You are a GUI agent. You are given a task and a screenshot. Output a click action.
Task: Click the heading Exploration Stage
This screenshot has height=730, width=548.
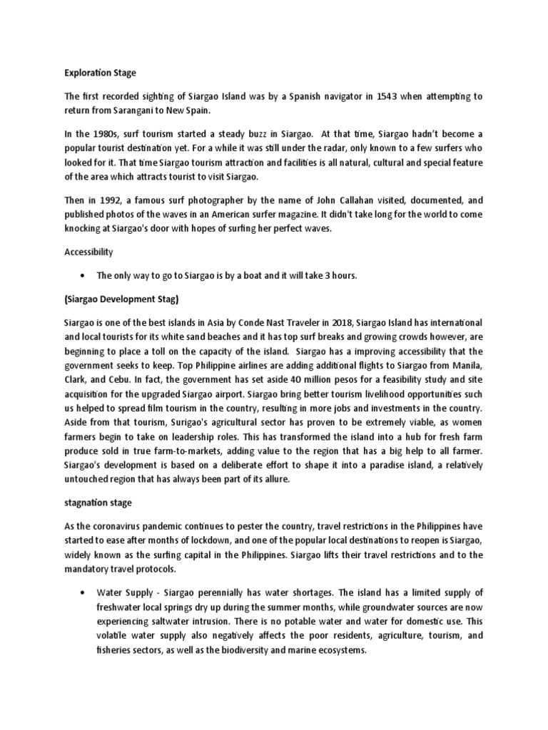pos(100,73)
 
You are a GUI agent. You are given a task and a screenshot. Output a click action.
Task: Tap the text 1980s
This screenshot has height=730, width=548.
pos(106,134)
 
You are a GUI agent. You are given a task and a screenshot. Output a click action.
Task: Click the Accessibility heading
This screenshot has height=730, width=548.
pos(89,252)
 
